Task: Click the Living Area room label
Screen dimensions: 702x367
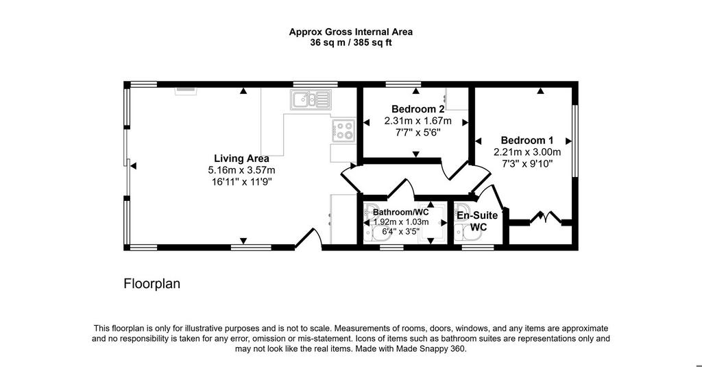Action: (x=241, y=158)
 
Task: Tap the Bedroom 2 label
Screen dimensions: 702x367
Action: (x=417, y=109)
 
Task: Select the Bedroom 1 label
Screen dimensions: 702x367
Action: (x=527, y=140)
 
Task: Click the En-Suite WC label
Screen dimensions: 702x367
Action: (x=477, y=221)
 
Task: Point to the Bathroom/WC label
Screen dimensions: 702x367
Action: (x=400, y=212)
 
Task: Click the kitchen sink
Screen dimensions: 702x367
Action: (x=311, y=99)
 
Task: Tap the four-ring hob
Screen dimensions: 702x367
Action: (x=343, y=130)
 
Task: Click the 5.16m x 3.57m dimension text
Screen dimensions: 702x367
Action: (x=241, y=170)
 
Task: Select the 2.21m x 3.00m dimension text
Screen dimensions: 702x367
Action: (x=527, y=152)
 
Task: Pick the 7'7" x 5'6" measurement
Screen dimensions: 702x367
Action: (x=417, y=132)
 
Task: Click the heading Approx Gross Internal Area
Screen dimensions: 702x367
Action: (x=350, y=32)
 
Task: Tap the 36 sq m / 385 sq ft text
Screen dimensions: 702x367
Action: (x=350, y=43)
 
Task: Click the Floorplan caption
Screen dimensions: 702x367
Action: (x=152, y=283)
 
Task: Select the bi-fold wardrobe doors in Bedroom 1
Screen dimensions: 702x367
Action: (x=545, y=217)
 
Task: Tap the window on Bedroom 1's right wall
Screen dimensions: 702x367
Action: (x=575, y=141)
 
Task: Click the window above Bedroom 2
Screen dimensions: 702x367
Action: (x=403, y=84)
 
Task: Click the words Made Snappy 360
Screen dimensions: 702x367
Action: (x=431, y=348)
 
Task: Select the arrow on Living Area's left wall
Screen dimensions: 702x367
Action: (x=133, y=166)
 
